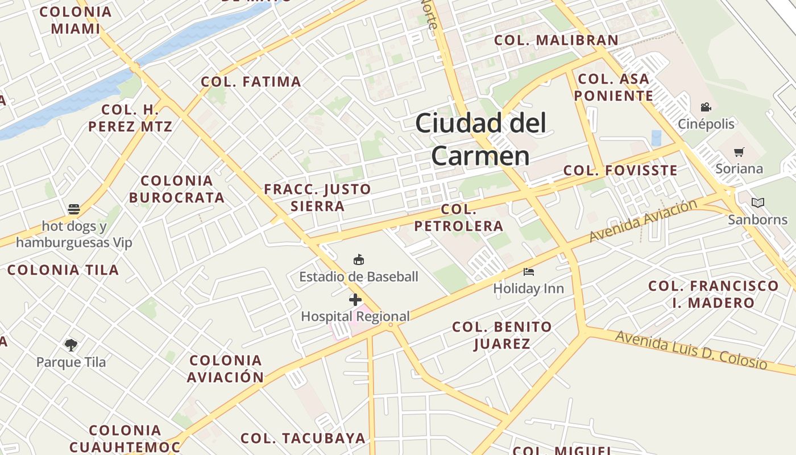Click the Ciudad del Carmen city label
click(x=480, y=139)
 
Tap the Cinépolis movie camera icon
click(x=706, y=107)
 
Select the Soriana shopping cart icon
click(x=739, y=152)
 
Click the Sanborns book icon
click(x=757, y=202)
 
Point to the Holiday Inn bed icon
click(x=529, y=272)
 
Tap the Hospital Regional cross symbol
click(x=355, y=300)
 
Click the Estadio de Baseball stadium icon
click(x=358, y=260)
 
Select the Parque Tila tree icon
click(x=71, y=345)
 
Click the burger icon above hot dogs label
click(x=74, y=209)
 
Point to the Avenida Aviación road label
click(x=642, y=220)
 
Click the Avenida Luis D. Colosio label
click(x=691, y=349)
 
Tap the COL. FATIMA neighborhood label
click(x=251, y=82)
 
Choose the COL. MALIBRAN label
click(x=556, y=40)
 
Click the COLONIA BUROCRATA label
click(x=177, y=189)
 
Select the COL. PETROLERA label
click(x=458, y=218)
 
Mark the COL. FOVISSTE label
click(x=620, y=170)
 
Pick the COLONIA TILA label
click(x=63, y=270)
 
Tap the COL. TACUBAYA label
click(x=302, y=438)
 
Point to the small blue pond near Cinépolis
click(x=657, y=138)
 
